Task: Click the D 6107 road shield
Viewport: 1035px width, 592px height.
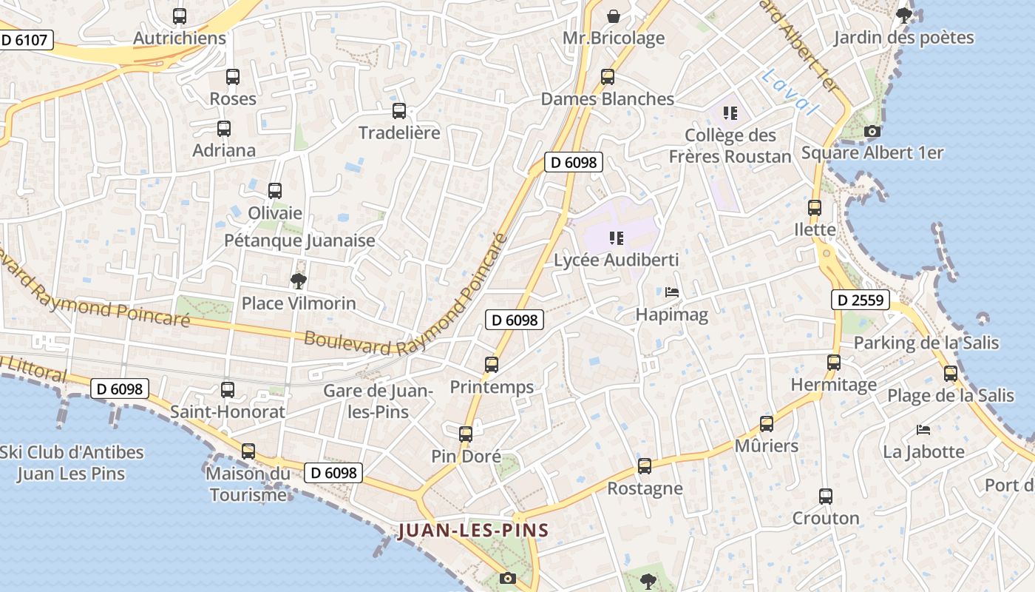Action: (x=24, y=40)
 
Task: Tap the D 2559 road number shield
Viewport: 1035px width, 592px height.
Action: (x=859, y=300)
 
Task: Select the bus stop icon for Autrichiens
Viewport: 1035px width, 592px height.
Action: (x=180, y=16)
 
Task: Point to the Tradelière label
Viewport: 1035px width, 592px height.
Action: (x=399, y=133)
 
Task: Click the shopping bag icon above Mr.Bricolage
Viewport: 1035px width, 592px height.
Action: (x=613, y=16)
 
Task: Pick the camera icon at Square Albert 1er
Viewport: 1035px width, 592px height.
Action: (x=872, y=132)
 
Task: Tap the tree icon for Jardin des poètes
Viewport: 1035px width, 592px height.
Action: (x=903, y=16)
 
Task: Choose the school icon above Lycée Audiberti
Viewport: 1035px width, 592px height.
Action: (x=616, y=238)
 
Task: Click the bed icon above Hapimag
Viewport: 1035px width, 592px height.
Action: (x=672, y=292)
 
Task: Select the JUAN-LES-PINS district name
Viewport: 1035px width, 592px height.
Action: (x=474, y=530)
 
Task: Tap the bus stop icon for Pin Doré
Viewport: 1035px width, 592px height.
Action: (x=466, y=434)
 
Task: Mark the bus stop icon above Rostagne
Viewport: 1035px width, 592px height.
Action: (x=645, y=466)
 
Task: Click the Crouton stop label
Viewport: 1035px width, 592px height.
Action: (x=826, y=518)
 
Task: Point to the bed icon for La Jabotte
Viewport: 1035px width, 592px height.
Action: (x=923, y=429)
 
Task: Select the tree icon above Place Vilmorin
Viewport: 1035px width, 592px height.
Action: (x=299, y=281)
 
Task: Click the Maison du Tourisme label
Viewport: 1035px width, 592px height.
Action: (x=248, y=484)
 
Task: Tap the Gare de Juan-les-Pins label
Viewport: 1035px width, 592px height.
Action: (x=378, y=401)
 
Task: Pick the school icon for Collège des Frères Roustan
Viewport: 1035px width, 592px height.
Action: (x=730, y=113)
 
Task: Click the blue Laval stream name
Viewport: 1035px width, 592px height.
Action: (x=790, y=92)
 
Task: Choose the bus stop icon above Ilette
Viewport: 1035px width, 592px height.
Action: (x=815, y=208)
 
